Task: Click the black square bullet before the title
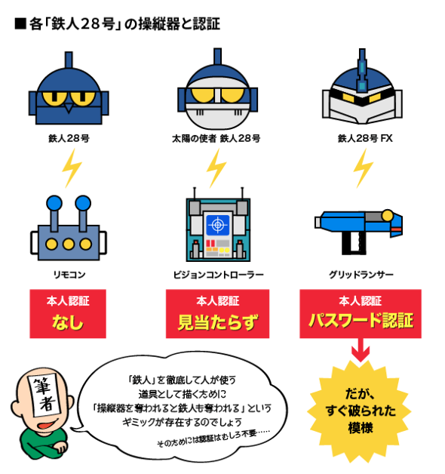(20, 24)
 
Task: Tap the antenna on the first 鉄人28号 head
(69, 60)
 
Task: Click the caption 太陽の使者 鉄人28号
(216, 138)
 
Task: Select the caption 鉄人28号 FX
(365, 138)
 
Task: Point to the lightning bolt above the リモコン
(72, 168)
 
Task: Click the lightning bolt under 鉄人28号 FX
(363, 168)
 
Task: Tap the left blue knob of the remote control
(54, 203)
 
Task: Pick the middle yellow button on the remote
(69, 245)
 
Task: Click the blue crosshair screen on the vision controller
(217, 225)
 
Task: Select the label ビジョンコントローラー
(218, 275)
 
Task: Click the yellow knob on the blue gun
(387, 216)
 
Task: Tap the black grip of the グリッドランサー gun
(354, 243)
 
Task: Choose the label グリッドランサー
(361, 275)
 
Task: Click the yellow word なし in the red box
(68, 322)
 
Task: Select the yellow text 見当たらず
(218, 322)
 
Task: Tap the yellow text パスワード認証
(361, 321)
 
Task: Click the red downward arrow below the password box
(361, 350)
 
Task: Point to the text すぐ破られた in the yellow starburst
(361, 411)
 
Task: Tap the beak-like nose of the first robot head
(69, 108)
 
